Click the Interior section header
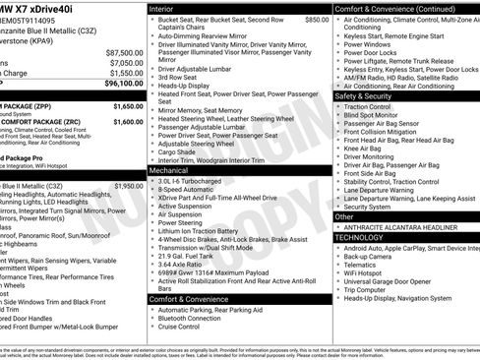tap(168, 8)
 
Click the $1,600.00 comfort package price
tap(128, 122)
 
